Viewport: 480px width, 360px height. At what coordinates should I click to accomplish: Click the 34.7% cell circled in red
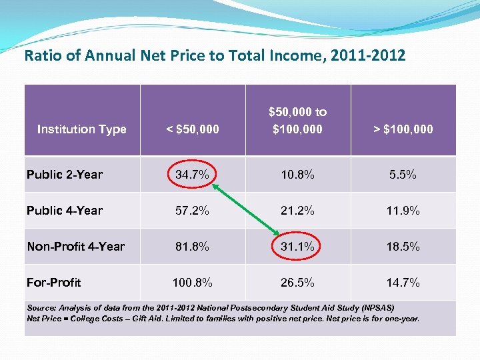coord(193,175)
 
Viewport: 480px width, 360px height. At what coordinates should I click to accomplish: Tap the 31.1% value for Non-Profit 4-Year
coord(297,247)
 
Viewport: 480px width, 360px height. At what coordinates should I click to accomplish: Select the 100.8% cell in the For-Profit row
coord(193,283)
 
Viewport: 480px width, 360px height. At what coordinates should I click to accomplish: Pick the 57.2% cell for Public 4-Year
coord(193,211)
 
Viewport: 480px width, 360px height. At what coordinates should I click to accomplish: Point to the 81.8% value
coord(193,247)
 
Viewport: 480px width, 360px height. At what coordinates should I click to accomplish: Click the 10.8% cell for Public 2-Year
coord(297,175)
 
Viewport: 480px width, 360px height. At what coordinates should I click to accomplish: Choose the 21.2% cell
coord(297,211)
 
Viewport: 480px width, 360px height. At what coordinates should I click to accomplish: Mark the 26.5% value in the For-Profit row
coord(297,283)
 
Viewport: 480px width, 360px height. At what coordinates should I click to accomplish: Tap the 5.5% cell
coord(403,175)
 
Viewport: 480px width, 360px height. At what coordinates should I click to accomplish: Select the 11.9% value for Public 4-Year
coord(403,211)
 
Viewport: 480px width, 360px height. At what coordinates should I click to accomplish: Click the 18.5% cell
coord(403,247)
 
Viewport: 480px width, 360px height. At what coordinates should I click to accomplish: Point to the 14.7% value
coord(403,283)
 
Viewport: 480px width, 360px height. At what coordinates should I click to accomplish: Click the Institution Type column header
coord(81,129)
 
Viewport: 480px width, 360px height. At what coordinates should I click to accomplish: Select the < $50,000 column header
coord(193,129)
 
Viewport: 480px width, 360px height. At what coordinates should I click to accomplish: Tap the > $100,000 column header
coord(403,129)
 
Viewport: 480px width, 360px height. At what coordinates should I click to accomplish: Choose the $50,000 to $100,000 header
coord(297,120)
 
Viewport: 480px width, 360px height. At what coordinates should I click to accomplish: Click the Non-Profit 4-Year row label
coord(75,247)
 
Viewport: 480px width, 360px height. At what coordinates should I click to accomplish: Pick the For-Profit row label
coord(53,283)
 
